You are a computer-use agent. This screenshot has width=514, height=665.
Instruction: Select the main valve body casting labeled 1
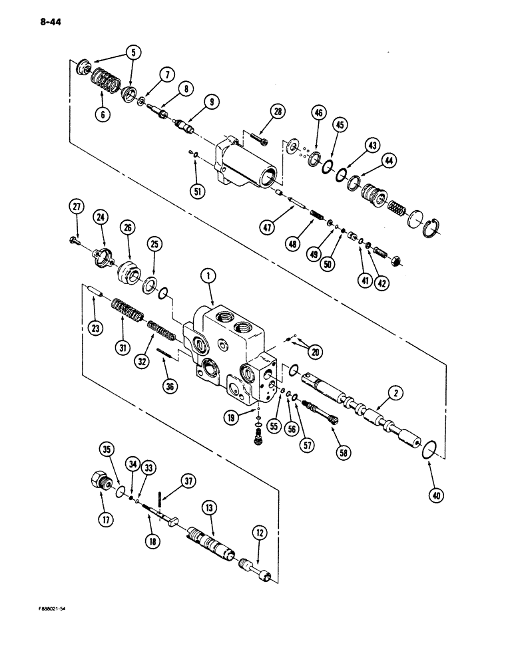click(230, 346)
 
